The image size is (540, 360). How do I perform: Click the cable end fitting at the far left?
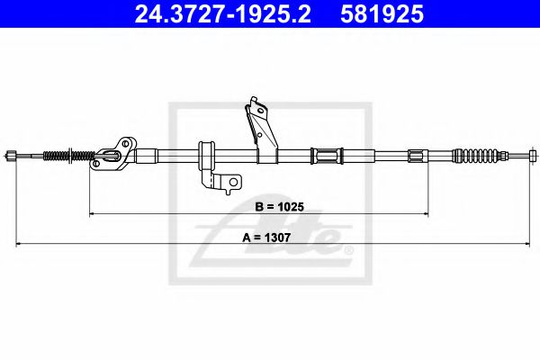tap(11, 156)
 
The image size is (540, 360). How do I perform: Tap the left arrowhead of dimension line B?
tap(92, 213)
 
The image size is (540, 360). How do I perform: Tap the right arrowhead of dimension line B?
tap(425, 213)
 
